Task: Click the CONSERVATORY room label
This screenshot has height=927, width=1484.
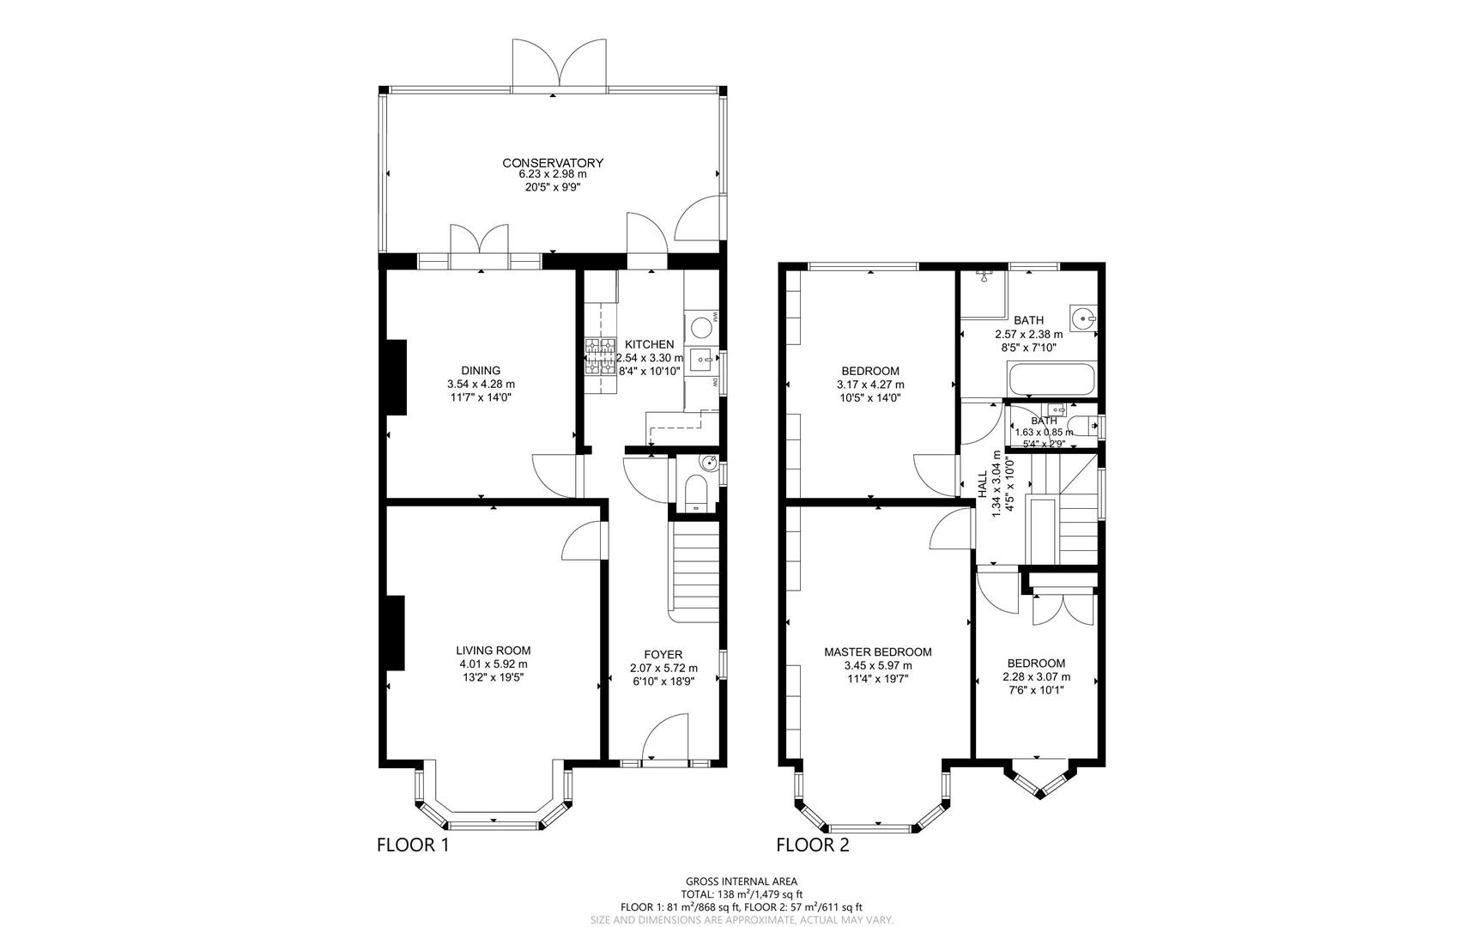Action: [553, 163]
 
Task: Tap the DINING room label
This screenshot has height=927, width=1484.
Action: [481, 371]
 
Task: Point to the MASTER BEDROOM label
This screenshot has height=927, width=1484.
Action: [877, 652]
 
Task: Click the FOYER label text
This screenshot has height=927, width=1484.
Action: [663, 655]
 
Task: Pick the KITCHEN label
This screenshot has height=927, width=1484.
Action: [649, 345]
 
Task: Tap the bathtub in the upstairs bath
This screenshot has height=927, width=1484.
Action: [1051, 379]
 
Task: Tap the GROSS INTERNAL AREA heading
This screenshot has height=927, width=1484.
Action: [742, 882]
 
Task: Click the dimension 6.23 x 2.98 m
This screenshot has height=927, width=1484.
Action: [553, 174]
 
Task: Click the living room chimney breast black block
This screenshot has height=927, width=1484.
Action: [393, 633]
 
